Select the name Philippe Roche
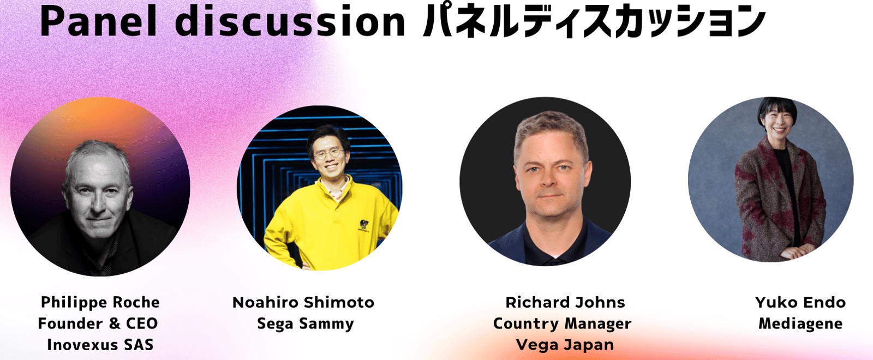100,303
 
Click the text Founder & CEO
98,323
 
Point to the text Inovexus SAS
100,345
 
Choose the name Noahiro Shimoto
303,302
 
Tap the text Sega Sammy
306,324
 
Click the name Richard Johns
565,302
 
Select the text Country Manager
562,324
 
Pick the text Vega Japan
565,345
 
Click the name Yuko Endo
800,302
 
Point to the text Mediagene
800,324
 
